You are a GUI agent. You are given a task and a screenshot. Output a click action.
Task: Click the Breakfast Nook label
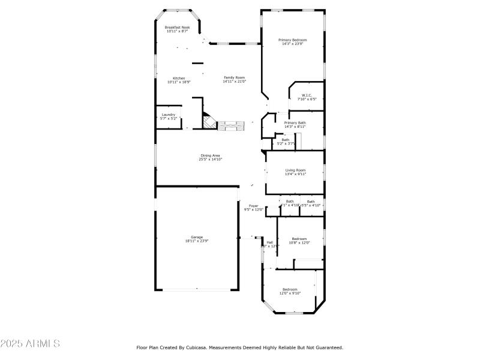pos(177,27)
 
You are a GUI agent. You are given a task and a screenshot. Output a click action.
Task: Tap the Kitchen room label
pos(179,78)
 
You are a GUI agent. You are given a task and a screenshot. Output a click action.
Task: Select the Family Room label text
pos(235,77)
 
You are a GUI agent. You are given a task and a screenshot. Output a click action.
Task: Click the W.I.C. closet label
pos(306,95)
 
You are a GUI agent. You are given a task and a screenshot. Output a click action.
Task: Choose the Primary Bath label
pos(295,122)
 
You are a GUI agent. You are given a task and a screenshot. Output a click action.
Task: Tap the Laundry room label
pos(168,114)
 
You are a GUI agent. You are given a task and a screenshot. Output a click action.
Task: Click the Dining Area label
pos(210,155)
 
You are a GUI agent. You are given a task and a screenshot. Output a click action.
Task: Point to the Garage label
pos(197,236)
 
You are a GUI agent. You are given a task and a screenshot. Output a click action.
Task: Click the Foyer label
pos(254,205)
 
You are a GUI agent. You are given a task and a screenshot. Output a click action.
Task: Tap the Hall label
pos(269,242)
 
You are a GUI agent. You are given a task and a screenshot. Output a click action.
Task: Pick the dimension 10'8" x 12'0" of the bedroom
pos(299,242)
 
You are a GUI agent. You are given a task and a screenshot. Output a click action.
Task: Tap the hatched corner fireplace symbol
pos(208,122)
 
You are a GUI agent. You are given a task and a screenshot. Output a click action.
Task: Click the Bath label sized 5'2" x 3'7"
pos(285,140)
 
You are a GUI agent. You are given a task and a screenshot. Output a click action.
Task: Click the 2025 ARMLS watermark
pos(30,344)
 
